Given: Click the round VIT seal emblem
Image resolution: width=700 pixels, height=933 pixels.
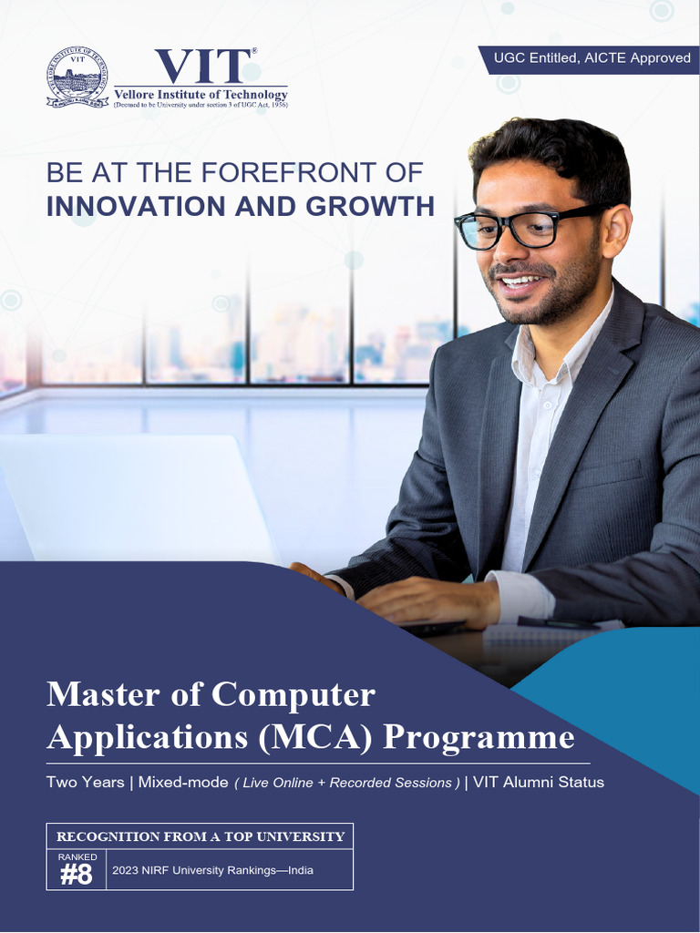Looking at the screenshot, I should tap(77, 77).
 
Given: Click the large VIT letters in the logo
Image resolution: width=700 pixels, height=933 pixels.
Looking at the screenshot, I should tap(202, 67).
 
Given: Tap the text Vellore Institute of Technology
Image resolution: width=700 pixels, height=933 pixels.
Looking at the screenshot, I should tap(201, 95).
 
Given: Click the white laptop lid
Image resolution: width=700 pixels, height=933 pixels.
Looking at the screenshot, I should tap(137, 497).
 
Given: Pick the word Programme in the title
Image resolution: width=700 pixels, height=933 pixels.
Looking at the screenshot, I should tap(479, 737).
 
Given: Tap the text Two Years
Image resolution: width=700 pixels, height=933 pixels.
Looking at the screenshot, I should tap(85, 782).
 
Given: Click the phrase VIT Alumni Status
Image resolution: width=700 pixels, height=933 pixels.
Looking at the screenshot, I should tap(538, 782).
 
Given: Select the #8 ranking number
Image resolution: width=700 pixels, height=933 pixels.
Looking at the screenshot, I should tap(77, 876).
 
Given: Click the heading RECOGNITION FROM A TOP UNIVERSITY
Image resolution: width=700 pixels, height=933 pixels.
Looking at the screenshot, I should tap(201, 836).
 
